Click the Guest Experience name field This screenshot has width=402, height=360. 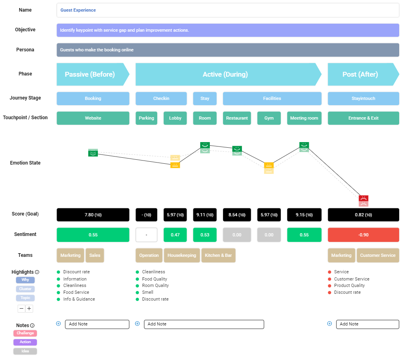[x=227, y=10]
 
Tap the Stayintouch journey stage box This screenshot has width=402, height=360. [x=363, y=98]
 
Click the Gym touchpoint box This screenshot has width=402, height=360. [x=269, y=118]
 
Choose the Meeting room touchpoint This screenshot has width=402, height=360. [x=304, y=118]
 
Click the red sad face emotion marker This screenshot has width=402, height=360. [x=363, y=198]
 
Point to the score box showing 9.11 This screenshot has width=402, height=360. [x=205, y=215]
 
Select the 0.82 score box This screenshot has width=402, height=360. [x=363, y=215]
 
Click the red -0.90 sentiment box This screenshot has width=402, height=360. [x=363, y=235]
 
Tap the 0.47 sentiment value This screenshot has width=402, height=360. [x=175, y=235]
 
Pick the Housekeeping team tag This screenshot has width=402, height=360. [x=182, y=255]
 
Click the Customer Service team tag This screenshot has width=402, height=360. [x=378, y=255]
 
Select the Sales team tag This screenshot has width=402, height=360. [x=95, y=255]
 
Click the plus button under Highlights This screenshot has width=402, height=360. [x=29, y=309]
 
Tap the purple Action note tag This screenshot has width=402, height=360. [x=25, y=342]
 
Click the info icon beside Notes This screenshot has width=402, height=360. [x=32, y=325]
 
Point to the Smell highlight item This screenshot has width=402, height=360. [x=148, y=292]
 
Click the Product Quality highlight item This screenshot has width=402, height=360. [x=349, y=285]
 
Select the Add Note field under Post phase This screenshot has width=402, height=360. [x=367, y=324]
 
